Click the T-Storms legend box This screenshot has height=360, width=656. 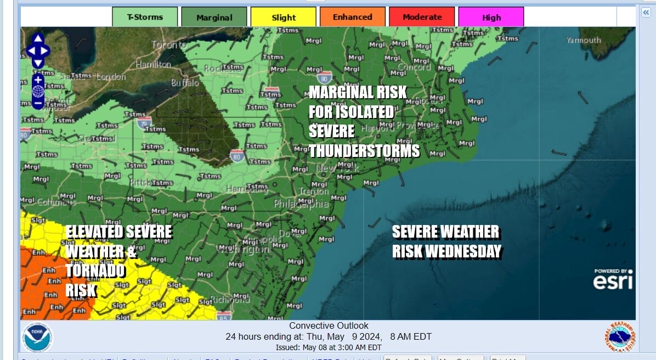(x=145, y=17)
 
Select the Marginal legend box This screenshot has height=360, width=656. (x=214, y=17)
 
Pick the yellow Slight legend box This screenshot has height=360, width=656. (x=283, y=17)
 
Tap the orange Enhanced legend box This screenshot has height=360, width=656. (x=352, y=17)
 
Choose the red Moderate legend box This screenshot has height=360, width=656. (x=422, y=17)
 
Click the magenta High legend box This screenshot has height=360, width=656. (x=491, y=17)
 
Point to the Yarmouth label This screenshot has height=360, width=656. (x=584, y=40)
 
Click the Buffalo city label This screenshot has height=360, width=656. (x=185, y=83)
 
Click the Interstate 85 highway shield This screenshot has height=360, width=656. (x=223, y=316)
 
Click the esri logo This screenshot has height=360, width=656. (x=612, y=281)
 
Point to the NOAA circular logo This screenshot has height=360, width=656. (x=37, y=336)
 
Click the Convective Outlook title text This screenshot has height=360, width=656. (x=329, y=326)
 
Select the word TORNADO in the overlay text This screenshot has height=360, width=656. (x=95, y=271)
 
